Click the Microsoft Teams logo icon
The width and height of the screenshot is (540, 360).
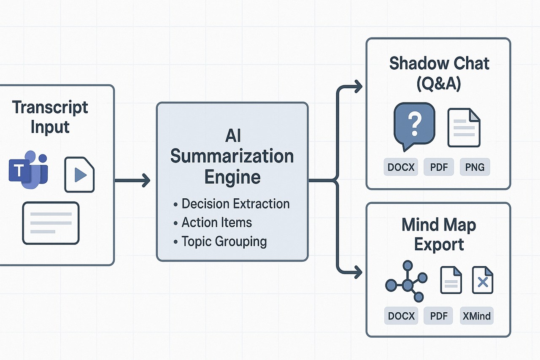tap(28, 171)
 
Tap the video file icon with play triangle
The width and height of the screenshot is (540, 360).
tap(79, 174)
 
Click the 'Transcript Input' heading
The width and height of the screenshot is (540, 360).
tap(50, 117)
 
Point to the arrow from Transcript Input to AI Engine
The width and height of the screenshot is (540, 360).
tap(132, 181)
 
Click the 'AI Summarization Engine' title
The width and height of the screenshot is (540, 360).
tap(232, 157)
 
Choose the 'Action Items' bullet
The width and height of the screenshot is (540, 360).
tap(216, 222)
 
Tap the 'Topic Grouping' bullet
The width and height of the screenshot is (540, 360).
tap(224, 241)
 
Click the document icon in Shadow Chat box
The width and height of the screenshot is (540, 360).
tap(464, 128)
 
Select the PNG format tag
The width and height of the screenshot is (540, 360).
tap(475, 167)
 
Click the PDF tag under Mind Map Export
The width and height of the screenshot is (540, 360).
tap(439, 316)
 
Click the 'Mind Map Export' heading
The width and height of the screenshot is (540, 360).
tap(439, 235)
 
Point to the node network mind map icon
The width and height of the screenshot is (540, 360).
tap(406, 281)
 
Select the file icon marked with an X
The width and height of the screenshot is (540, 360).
tap(483, 280)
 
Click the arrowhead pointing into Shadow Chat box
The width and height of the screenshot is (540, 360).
tap(359, 87)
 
